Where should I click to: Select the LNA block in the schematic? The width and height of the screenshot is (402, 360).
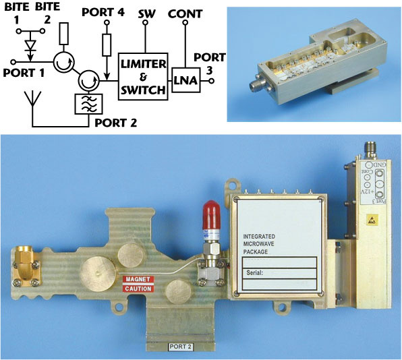click(x=183, y=80)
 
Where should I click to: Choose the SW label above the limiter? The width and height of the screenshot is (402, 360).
click(x=145, y=13)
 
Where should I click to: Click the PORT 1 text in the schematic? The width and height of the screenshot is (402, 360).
click(x=22, y=71)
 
